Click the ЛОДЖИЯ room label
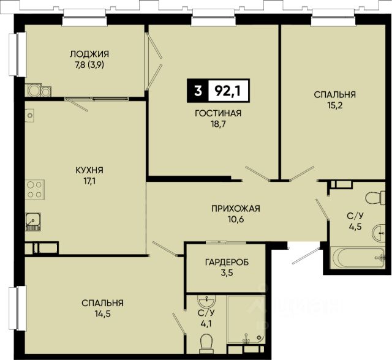(89, 54)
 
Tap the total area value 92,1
(228, 91)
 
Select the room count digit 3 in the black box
(198, 91)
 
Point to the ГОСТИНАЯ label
(218, 113)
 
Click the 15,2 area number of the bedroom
(335, 106)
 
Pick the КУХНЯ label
(89, 170)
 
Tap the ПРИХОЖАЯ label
(236, 208)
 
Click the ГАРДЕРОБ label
(227, 262)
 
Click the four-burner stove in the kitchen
(35, 190)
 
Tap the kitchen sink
(33, 222)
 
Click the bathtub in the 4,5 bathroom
(358, 258)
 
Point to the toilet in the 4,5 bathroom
(375, 198)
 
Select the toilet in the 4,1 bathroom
(206, 344)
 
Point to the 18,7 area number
(218, 124)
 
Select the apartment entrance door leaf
(305, 257)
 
